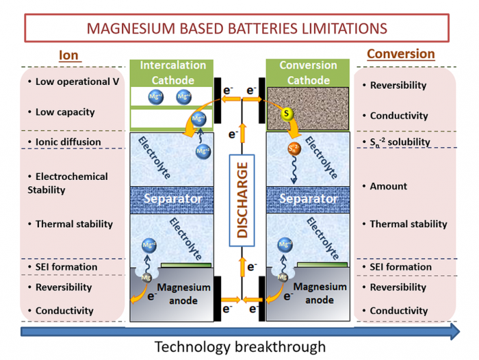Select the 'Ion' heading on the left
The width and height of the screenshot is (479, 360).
pos(69,55)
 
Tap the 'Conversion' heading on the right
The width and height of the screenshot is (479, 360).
pos(400,53)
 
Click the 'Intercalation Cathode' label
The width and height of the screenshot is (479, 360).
pos(172,73)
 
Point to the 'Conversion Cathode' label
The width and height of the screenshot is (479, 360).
pos(308,73)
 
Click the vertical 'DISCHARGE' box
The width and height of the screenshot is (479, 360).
pos(242,196)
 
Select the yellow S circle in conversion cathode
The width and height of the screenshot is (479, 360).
pos(286,112)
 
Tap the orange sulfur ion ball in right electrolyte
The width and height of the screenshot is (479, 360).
pos(293,148)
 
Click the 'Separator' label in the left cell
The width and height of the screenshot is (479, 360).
pos(172,198)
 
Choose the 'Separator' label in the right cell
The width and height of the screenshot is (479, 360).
pos(308,198)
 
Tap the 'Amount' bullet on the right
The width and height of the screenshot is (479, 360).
pos(389,186)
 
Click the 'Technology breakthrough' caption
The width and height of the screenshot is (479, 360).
pos(239,347)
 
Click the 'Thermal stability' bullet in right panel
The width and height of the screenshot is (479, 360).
pos(408,224)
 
